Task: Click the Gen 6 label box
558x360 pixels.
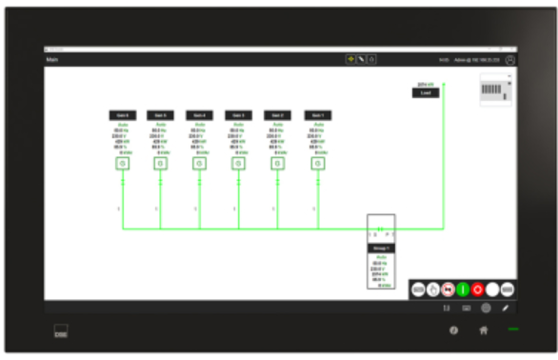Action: click(x=122, y=115)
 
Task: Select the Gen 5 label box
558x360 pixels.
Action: click(x=161, y=115)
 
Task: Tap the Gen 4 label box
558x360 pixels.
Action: click(x=200, y=115)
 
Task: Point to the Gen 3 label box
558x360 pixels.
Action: click(x=239, y=115)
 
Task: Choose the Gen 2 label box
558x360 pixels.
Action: click(x=278, y=115)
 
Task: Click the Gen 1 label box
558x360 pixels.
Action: click(x=317, y=115)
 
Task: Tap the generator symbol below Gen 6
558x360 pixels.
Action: click(x=122, y=164)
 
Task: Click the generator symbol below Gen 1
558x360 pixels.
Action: click(x=317, y=164)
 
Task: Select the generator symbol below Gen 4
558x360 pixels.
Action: click(x=200, y=164)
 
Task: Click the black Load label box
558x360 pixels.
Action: click(x=425, y=93)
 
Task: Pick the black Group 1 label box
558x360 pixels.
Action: click(x=381, y=248)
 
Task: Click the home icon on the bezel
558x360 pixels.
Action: click(x=484, y=330)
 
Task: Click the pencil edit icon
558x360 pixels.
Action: click(x=506, y=309)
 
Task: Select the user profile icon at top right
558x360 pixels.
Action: click(x=510, y=60)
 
